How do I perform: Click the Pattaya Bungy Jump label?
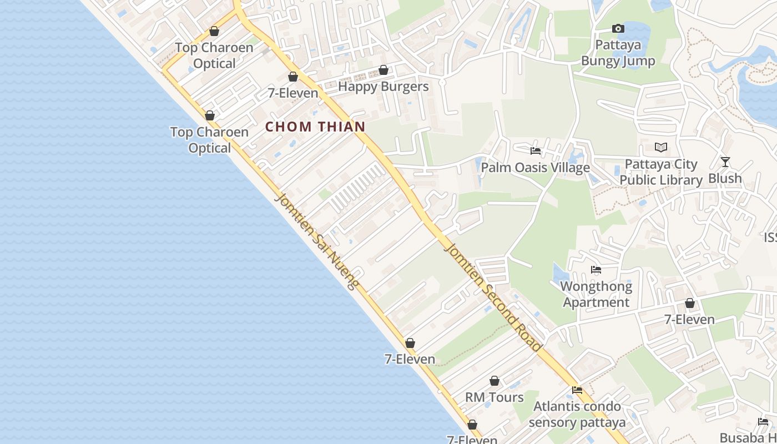[x=618, y=53]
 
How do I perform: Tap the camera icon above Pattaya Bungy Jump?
[x=618, y=28]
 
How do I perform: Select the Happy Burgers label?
[x=383, y=87]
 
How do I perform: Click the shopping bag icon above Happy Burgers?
[x=383, y=70]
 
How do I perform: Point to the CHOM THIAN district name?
[x=315, y=127]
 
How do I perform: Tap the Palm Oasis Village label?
[x=535, y=168]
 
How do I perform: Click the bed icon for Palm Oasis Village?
[x=535, y=150]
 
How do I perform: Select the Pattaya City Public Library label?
[x=660, y=172]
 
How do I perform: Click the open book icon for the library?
[x=660, y=147]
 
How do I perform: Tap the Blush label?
[x=725, y=178]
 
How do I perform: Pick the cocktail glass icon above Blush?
[x=725, y=162]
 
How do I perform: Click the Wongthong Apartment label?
[x=596, y=294]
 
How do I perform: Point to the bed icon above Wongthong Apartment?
[x=596, y=270]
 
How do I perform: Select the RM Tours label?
[x=494, y=397]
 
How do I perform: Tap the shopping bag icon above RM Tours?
[x=494, y=381]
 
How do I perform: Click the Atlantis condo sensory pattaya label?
[x=577, y=414]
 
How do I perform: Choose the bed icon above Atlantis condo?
[x=577, y=390]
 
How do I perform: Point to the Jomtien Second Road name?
[x=493, y=297]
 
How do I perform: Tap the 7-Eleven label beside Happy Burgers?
[x=293, y=93]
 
